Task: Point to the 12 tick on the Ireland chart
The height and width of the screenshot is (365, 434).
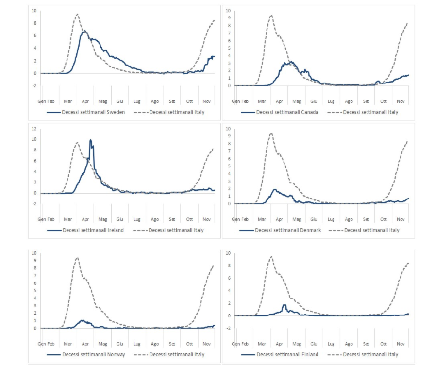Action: pos(34,129)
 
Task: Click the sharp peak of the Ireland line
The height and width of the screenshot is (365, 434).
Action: pos(90,140)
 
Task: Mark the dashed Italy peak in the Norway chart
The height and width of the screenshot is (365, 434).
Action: pos(77,258)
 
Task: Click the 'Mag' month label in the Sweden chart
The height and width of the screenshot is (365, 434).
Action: pos(103,101)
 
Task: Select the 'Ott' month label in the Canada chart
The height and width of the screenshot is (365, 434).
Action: pos(384,101)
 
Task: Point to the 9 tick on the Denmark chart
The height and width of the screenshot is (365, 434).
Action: pos(228,135)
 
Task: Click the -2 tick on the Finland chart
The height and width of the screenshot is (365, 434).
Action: pos(228,329)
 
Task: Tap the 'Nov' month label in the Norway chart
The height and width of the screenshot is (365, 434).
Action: pos(206,344)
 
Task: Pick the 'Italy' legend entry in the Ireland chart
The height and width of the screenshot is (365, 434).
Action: pos(176,230)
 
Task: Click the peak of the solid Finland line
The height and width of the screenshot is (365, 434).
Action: pos(284,305)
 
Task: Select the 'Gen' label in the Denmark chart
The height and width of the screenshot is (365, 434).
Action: pos(235,219)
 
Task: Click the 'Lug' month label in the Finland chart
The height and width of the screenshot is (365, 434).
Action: pos(331,344)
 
